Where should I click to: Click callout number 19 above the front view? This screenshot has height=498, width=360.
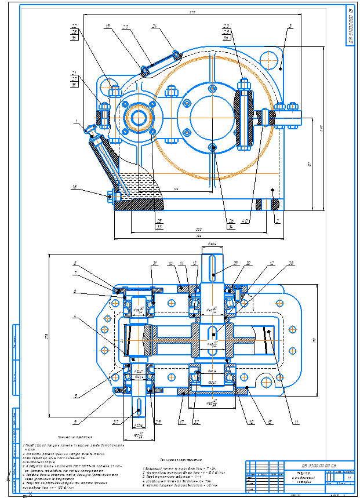pos(108,27)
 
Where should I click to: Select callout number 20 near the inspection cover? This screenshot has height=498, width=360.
pos(125,27)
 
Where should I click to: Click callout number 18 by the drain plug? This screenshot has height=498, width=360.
pos(74,187)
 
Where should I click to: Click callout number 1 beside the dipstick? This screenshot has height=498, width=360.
pos(77,122)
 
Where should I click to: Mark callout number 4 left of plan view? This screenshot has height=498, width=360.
pos(75,317)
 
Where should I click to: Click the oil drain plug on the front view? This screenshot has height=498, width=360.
pos(110,195)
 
